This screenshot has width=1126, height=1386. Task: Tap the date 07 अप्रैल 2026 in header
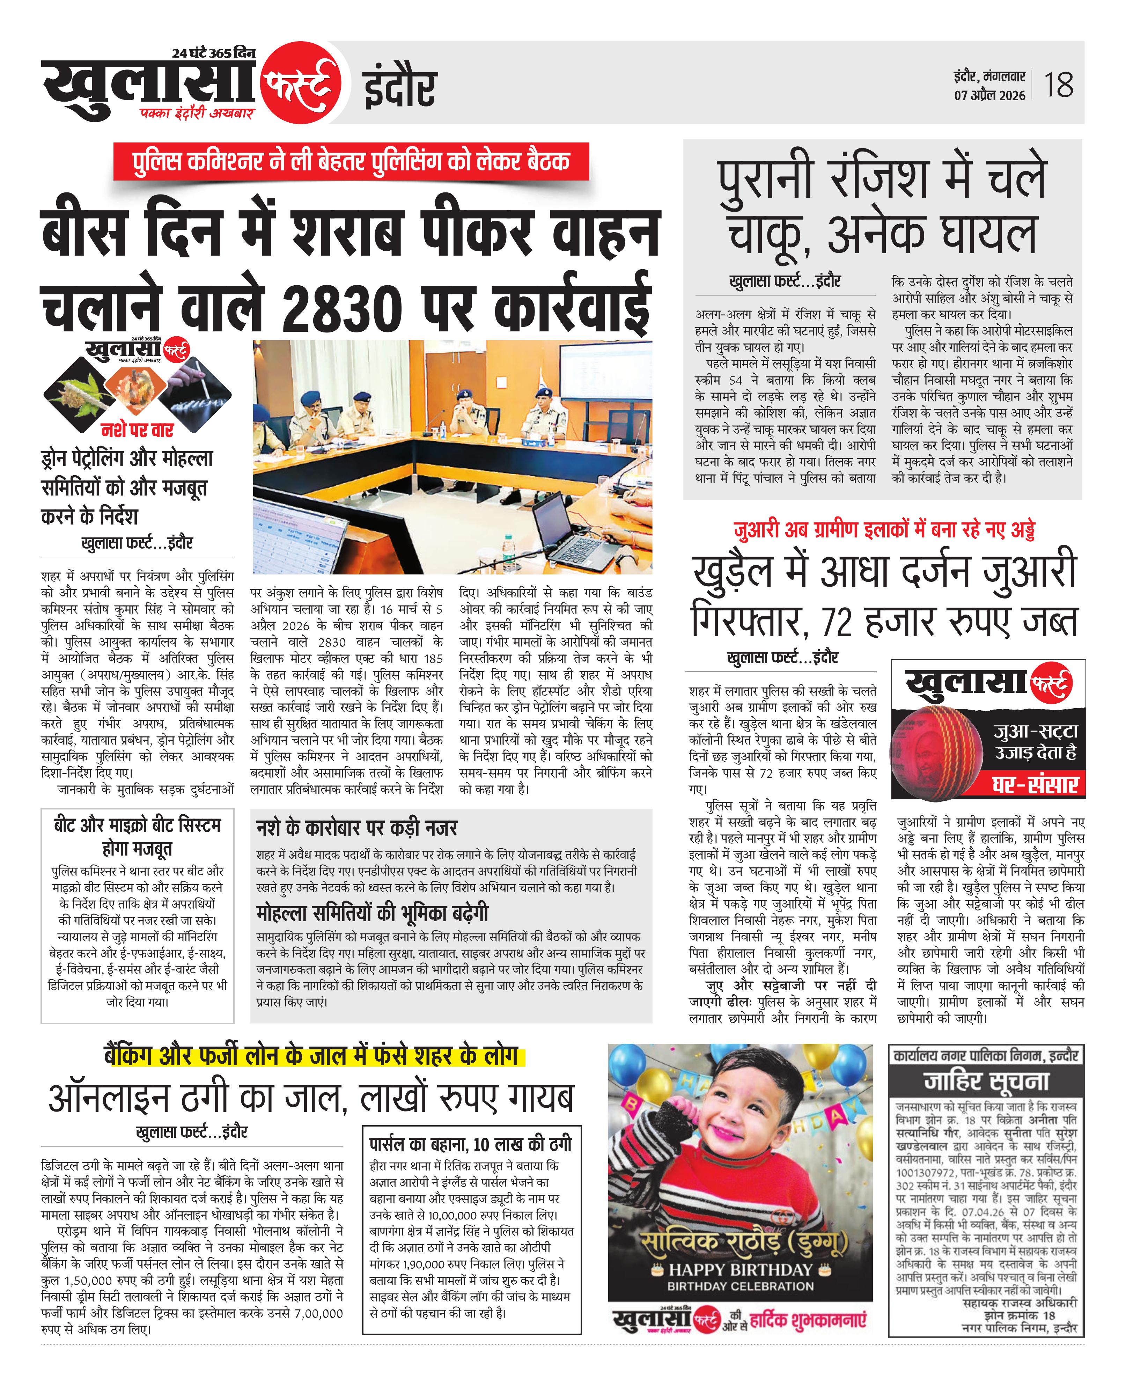click(x=989, y=95)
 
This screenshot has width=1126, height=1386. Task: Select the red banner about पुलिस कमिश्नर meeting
click(x=351, y=161)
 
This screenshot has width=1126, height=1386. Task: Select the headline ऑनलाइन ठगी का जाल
click(x=311, y=1098)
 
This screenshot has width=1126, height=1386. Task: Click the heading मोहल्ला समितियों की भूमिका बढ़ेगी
click(x=372, y=914)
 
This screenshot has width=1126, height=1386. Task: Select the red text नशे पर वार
click(x=137, y=430)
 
